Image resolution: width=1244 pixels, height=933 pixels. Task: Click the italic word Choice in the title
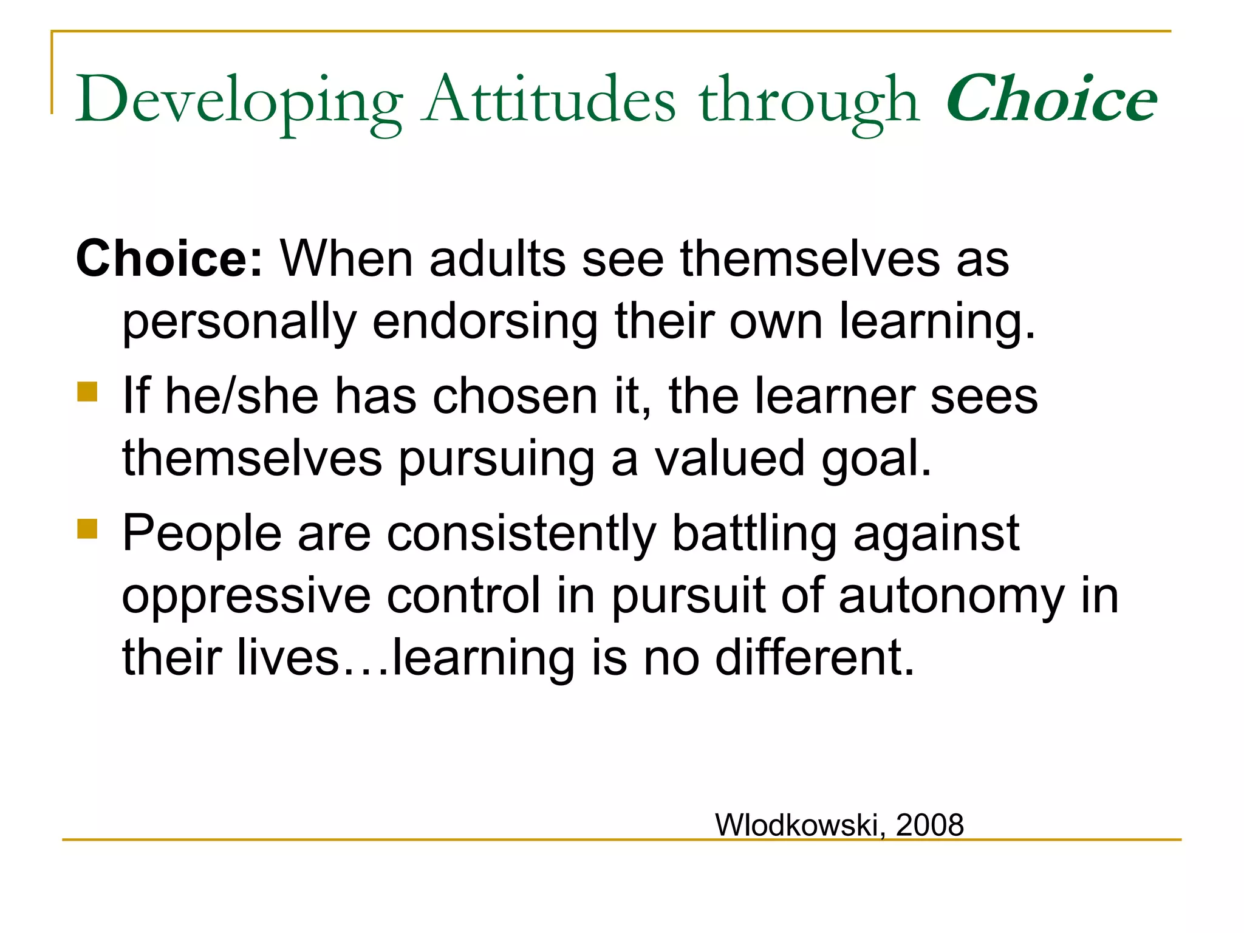coord(1051,98)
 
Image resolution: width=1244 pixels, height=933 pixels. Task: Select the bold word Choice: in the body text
coord(169,259)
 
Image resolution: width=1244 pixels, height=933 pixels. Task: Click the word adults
coord(497,259)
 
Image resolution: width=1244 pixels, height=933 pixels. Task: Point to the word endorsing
coord(485,322)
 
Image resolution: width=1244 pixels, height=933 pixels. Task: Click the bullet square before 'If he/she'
coord(87,392)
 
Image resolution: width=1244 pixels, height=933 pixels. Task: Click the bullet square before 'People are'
coord(87,529)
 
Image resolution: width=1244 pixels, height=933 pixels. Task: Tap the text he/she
coord(242,396)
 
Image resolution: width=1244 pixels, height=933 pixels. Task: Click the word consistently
coord(521,534)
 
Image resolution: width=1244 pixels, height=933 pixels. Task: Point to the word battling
coord(754,534)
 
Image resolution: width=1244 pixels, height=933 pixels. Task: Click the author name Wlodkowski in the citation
coord(796,825)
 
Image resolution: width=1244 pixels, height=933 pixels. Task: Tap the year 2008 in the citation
coord(930,825)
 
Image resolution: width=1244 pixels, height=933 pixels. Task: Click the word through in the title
coord(808,101)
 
